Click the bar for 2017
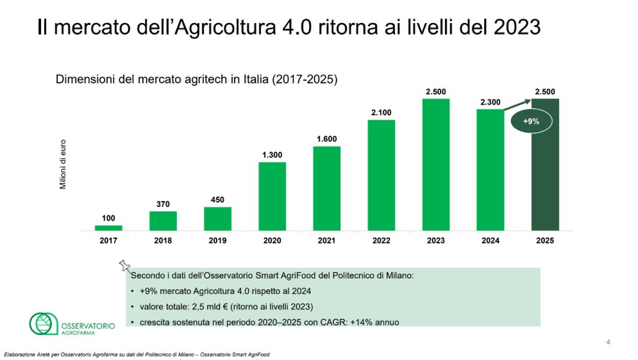point(108,228)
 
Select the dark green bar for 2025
point(545,164)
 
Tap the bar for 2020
point(272,196)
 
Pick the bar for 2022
point(381,175)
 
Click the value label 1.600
point(326,139)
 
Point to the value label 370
point(163,204)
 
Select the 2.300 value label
point(490,102)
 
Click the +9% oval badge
point(531,122)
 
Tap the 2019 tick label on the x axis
point(217,240)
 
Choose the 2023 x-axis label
point(436,240)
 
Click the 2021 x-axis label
point(326,240)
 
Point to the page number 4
point(608,342)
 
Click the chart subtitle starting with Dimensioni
point(197,80)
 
